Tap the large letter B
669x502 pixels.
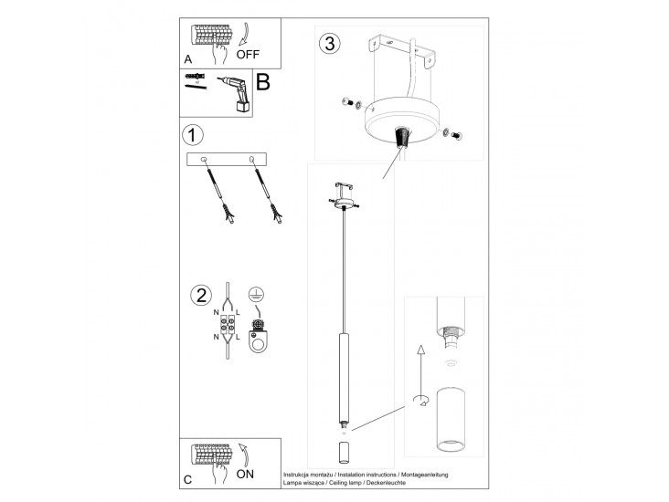click(x=263, y=83)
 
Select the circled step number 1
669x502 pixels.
click(x=192, y=136)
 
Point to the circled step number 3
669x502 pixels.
click(x=329, y=43)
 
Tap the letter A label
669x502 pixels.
click(x=187, y=58)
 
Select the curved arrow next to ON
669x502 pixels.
click(x=244, y=454)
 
